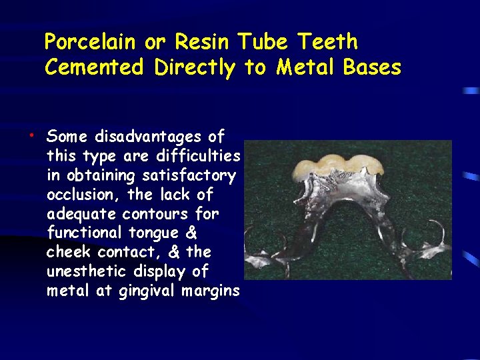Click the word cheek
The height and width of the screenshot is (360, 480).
pos(69,253)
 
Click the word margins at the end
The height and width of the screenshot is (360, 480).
pos(209,291)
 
